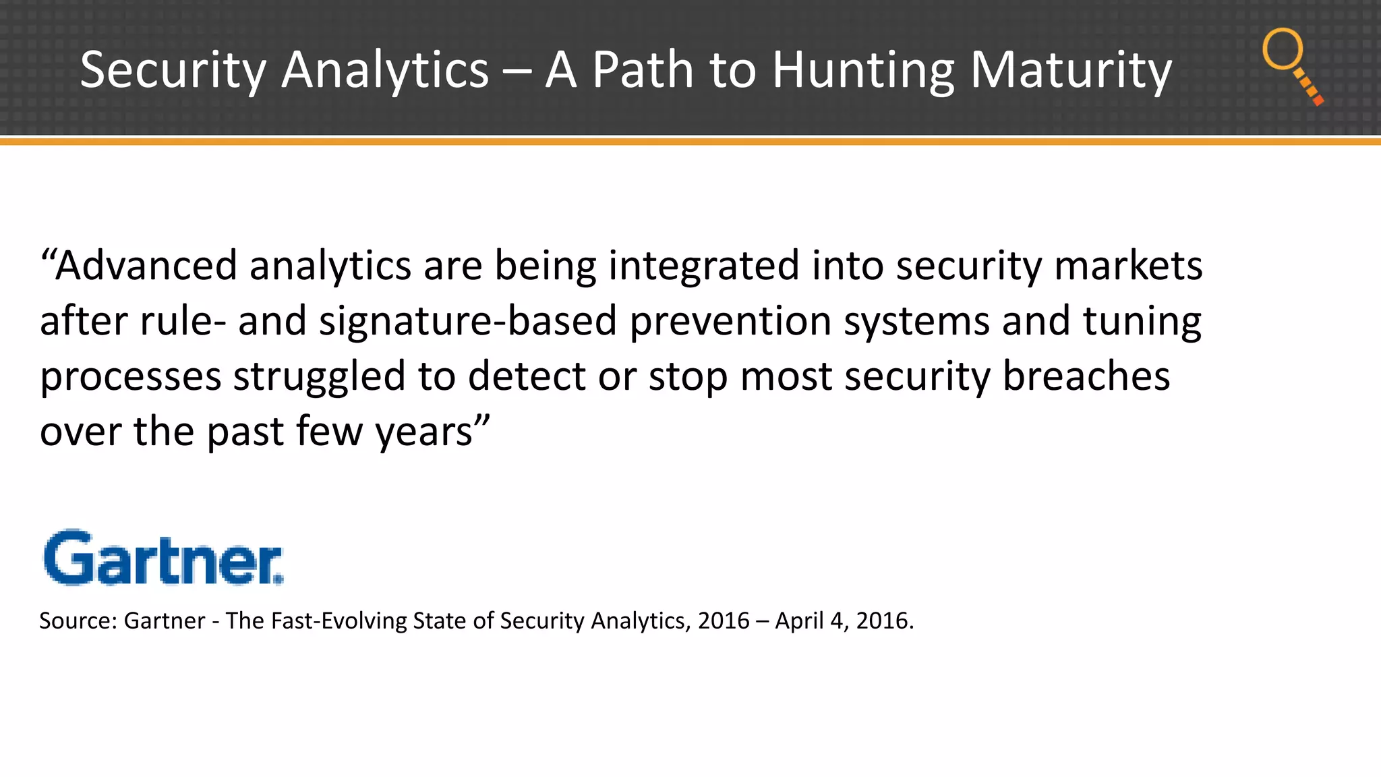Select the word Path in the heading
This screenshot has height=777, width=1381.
coord(643,70)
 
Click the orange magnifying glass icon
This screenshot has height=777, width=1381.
coord(1291,65)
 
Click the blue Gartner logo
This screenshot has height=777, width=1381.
coord(163,558)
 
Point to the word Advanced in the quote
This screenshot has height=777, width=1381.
coord(146,265)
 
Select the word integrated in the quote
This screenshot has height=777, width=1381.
coord(703,265)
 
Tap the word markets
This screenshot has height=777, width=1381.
coord(1128,265)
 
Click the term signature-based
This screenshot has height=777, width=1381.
coord(468,320)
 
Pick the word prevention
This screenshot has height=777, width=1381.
coord(730,320)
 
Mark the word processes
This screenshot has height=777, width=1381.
coord(130,376)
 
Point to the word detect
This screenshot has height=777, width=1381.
coord(527,376)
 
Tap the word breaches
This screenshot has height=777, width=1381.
coord(1086,376)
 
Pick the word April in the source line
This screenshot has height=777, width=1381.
coord(799,621)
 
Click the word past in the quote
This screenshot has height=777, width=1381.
coord(245,432)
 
